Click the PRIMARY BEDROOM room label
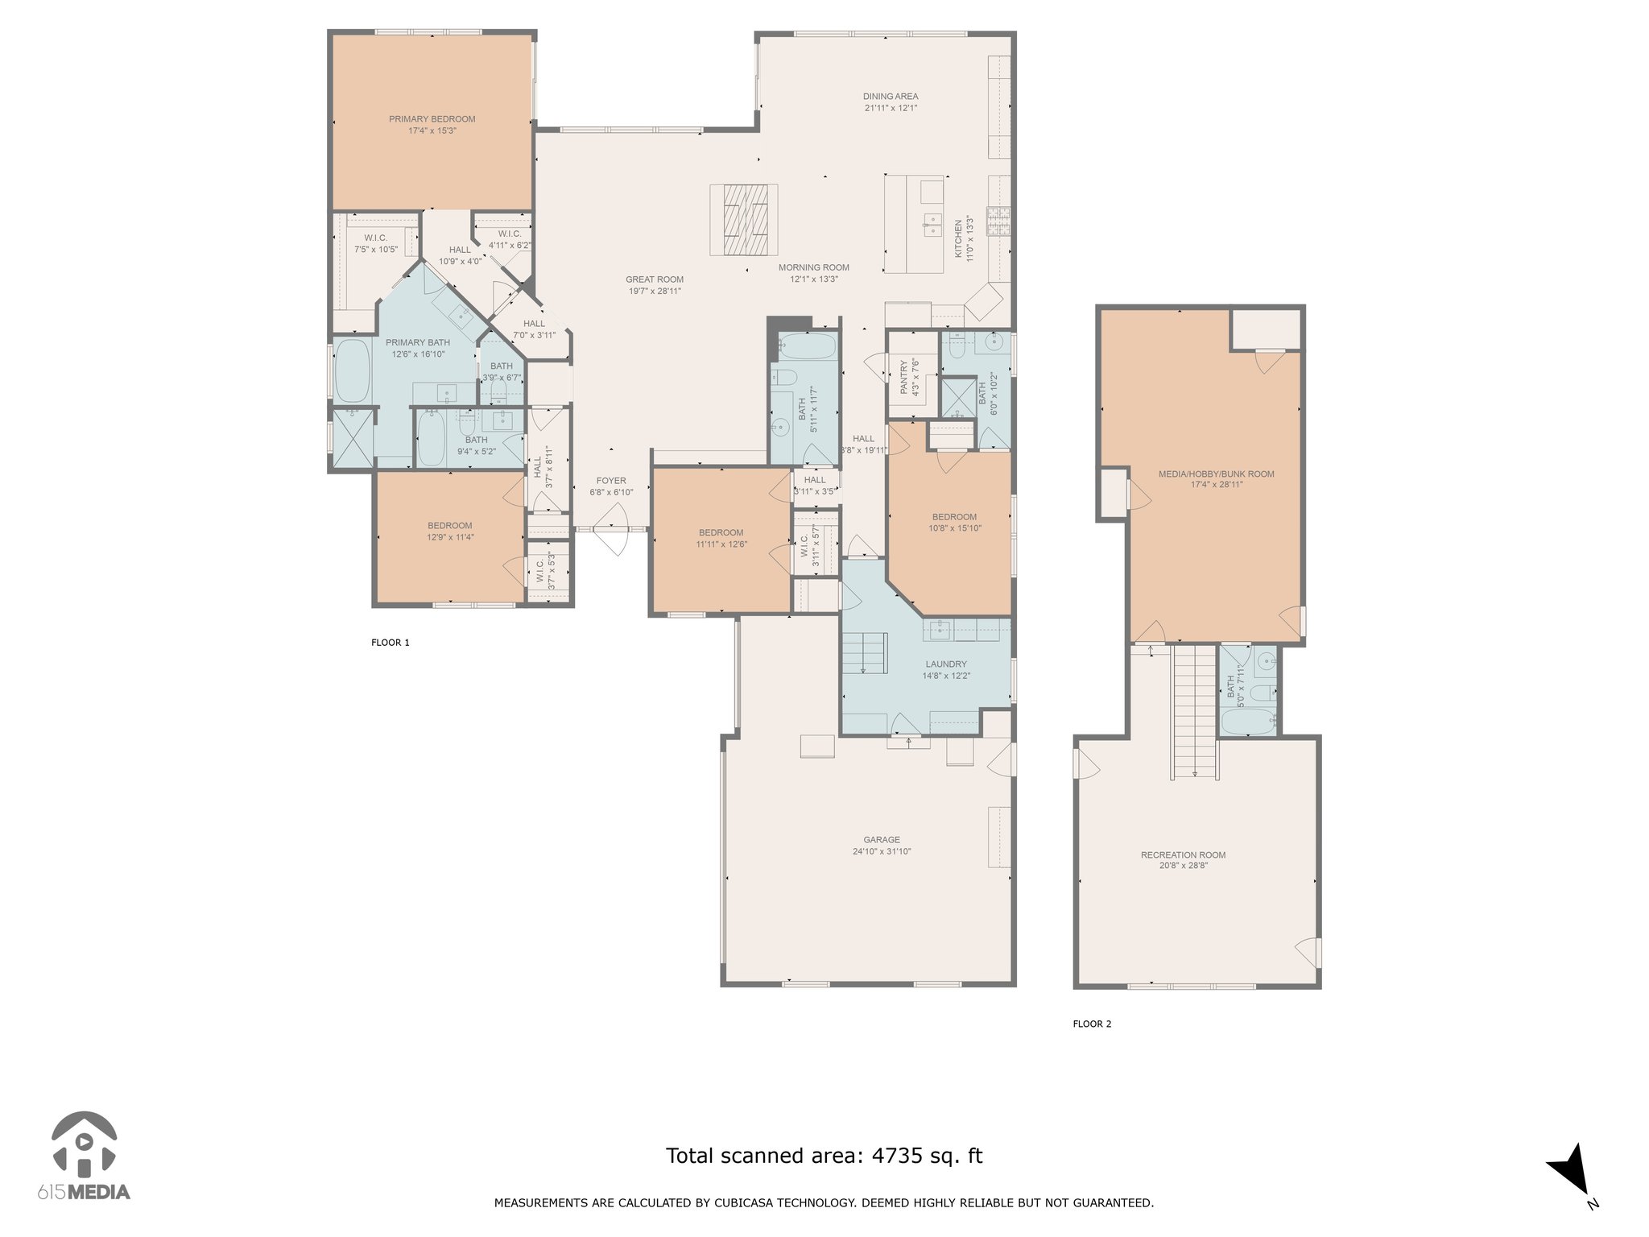432,119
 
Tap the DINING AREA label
891,97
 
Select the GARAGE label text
882,840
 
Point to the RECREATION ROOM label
1183,855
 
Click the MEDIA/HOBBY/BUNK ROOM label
1216,474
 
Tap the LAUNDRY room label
946,664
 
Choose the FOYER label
611,481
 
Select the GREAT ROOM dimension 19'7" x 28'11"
655,292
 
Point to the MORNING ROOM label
814,268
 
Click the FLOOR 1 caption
391,643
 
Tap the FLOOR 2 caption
1092,1024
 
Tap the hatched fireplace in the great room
744,220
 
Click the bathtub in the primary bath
352,370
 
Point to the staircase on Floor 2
1194,711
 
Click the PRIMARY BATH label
418,343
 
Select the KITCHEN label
959,239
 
